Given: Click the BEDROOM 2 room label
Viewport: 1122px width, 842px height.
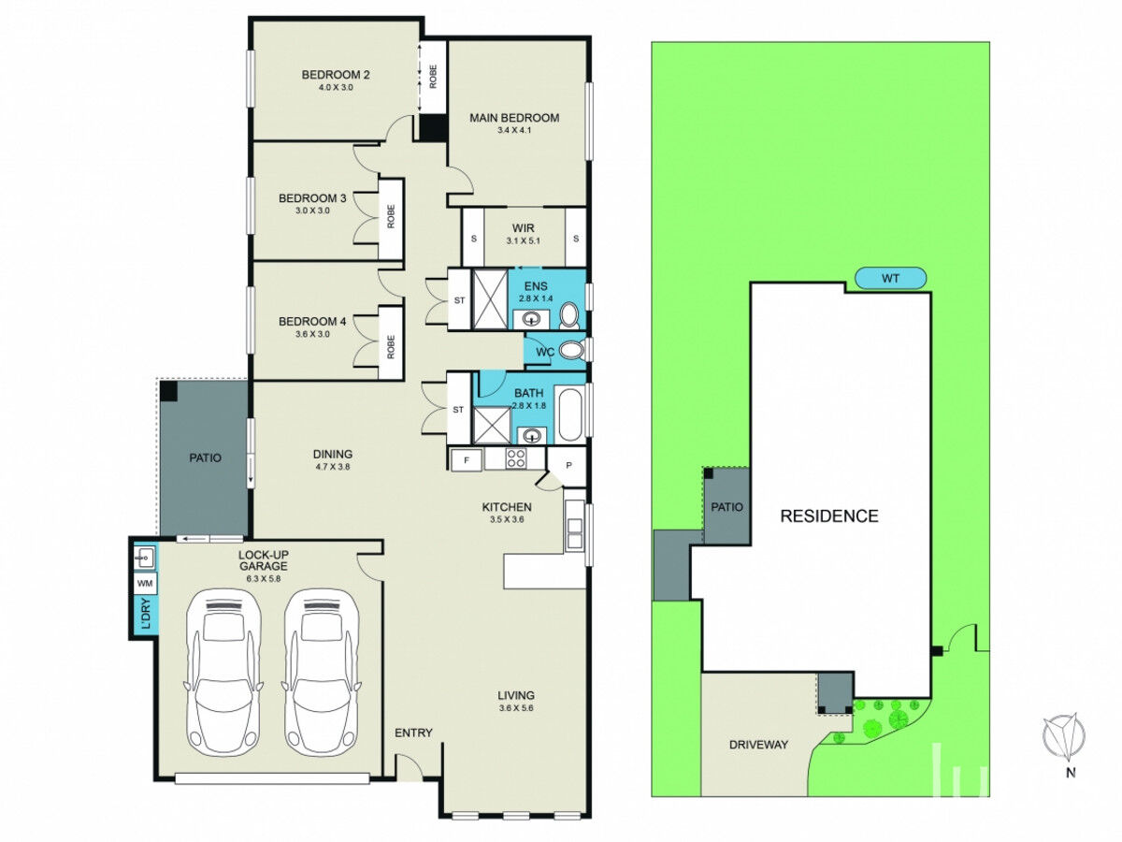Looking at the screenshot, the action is tap(336, 75).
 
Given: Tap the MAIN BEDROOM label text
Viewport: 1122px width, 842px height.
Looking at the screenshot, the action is tap(513, 118).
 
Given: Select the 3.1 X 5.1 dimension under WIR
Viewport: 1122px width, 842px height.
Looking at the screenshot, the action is tap(523, 240).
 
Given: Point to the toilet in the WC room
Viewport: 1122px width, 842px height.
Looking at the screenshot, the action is tap(572, 350).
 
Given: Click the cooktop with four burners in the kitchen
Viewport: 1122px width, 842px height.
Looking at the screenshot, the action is tap(515, 457).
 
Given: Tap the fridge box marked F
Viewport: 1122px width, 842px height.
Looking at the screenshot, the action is tap(467, 460).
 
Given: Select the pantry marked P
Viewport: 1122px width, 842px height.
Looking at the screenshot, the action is tap(568, 465).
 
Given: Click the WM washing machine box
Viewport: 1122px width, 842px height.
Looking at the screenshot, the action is tap(145, 583).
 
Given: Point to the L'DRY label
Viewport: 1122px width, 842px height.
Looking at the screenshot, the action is tap(147, 614).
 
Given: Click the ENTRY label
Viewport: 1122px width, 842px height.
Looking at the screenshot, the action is tap(413, 733).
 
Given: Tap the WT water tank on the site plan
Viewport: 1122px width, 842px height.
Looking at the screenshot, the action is tap(890, 279).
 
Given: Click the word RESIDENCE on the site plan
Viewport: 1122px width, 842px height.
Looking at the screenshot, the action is tap(829, 515).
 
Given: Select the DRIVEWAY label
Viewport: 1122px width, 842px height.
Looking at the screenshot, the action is tap(758, 745).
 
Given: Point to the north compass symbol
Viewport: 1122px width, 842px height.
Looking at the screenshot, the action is tap(1063, 736).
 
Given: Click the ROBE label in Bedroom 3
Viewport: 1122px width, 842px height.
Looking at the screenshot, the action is tap(391, 216).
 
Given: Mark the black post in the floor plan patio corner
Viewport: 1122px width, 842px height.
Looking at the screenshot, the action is tap(168, 390).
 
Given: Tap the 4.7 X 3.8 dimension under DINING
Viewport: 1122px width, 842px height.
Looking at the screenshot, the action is tap(333, 466).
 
